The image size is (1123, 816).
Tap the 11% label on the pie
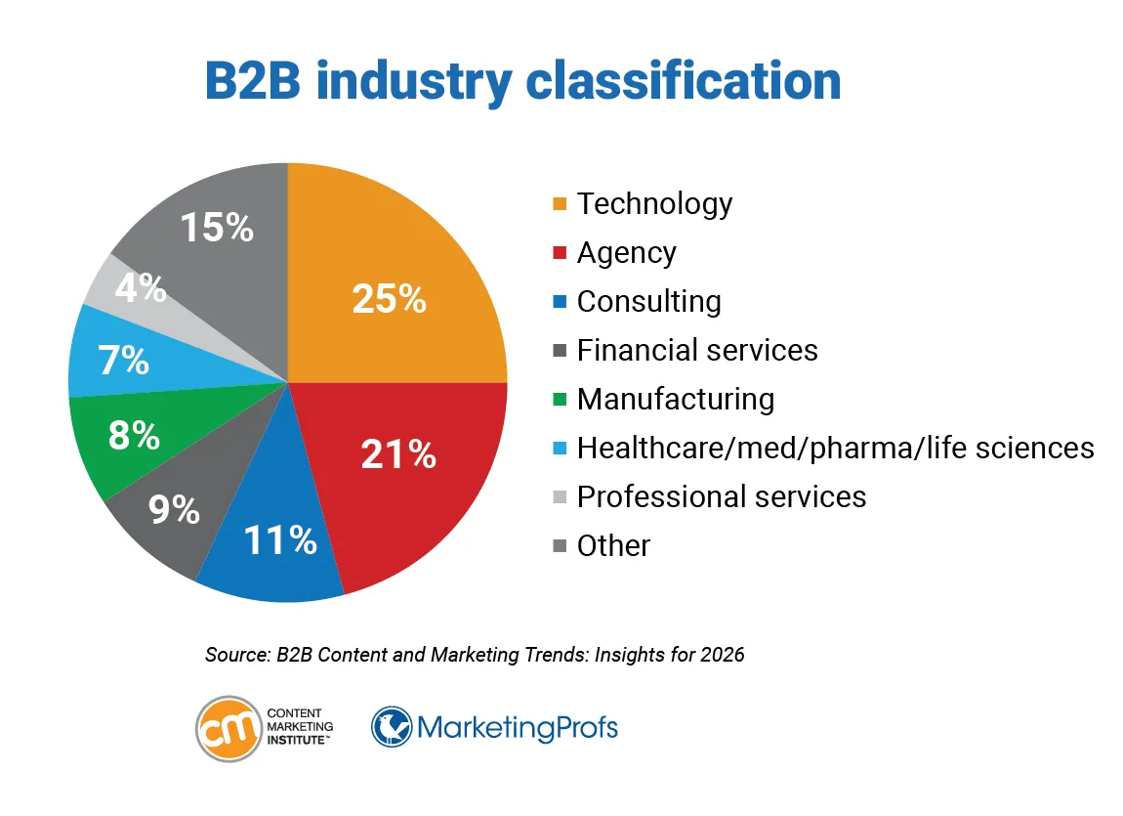[280, 539]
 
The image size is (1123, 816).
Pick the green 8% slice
[127, 440]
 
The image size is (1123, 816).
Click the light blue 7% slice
[117, 357]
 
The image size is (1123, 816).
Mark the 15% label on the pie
[217, 228]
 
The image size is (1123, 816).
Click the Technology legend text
[654, 203]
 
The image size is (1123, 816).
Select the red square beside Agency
[560, 253]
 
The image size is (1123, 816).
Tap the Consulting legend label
[648, 301]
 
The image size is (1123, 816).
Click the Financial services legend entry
[697, 350]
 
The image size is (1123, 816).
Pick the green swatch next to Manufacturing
[560, 400]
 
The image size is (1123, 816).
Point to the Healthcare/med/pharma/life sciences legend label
[835, 448]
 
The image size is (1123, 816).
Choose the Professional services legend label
[722, 496]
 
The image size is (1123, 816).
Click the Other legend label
[613, 545]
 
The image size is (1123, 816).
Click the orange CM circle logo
[228, 729]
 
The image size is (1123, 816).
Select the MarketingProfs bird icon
[392, 728]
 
